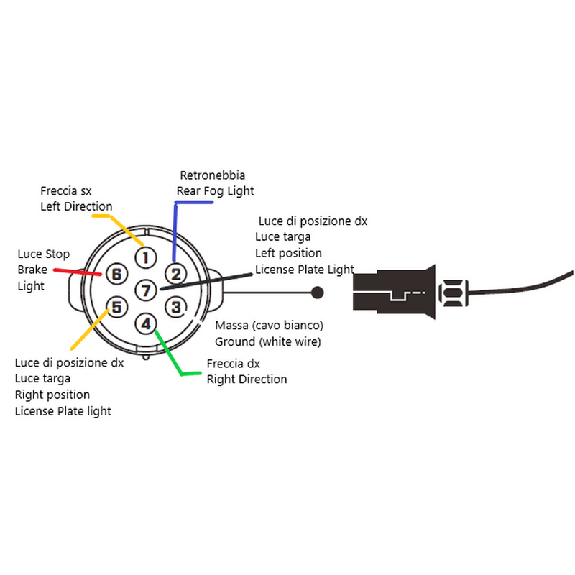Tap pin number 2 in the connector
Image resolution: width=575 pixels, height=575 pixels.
point(175,274)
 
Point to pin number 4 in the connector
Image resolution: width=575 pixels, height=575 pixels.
point(146,323)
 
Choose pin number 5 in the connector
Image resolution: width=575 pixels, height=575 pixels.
point(116,308)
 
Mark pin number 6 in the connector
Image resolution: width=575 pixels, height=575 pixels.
point(116,274)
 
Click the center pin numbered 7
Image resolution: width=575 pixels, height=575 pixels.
point(146,290)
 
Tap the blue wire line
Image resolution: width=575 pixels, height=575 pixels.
point(175,230)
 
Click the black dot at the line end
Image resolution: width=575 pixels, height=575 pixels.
point(316,293)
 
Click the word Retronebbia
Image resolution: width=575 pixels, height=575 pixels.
point(212,175)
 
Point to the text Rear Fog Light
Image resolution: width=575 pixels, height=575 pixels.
point(215,191)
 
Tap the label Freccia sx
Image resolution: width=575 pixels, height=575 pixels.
point(65,190)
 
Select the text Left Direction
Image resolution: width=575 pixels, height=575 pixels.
point(76,206)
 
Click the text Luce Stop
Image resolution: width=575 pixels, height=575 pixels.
point(44,254)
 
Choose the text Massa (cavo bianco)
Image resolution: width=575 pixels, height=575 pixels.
point(269,326)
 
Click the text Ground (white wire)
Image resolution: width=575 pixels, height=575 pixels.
point(267,341)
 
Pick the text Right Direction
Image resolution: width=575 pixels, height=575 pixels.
point(247,379)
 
